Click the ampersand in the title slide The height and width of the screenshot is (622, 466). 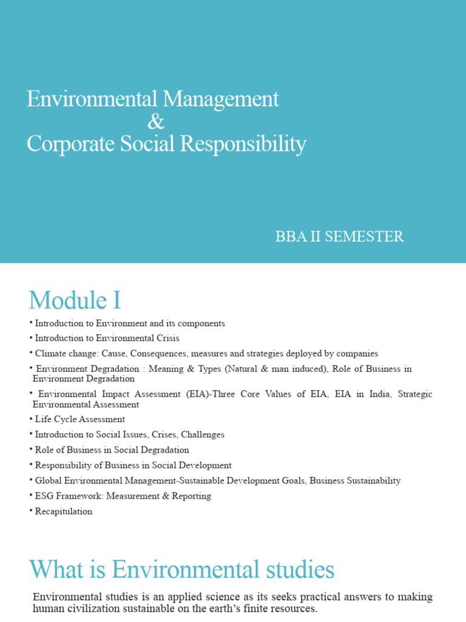click(x=156, y=121)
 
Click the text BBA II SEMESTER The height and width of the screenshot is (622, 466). click(x=339, y=237)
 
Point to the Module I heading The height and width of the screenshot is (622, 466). click(x=75, y=300)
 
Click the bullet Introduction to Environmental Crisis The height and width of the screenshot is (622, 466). click(x=107, y=338)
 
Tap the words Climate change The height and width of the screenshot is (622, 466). click(x=61, y=354)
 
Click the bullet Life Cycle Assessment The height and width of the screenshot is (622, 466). click(x=79, y=419)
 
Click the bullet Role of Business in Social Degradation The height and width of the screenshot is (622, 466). click(x=112, y=450)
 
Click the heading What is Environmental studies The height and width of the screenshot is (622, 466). click(x=182, y=570)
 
